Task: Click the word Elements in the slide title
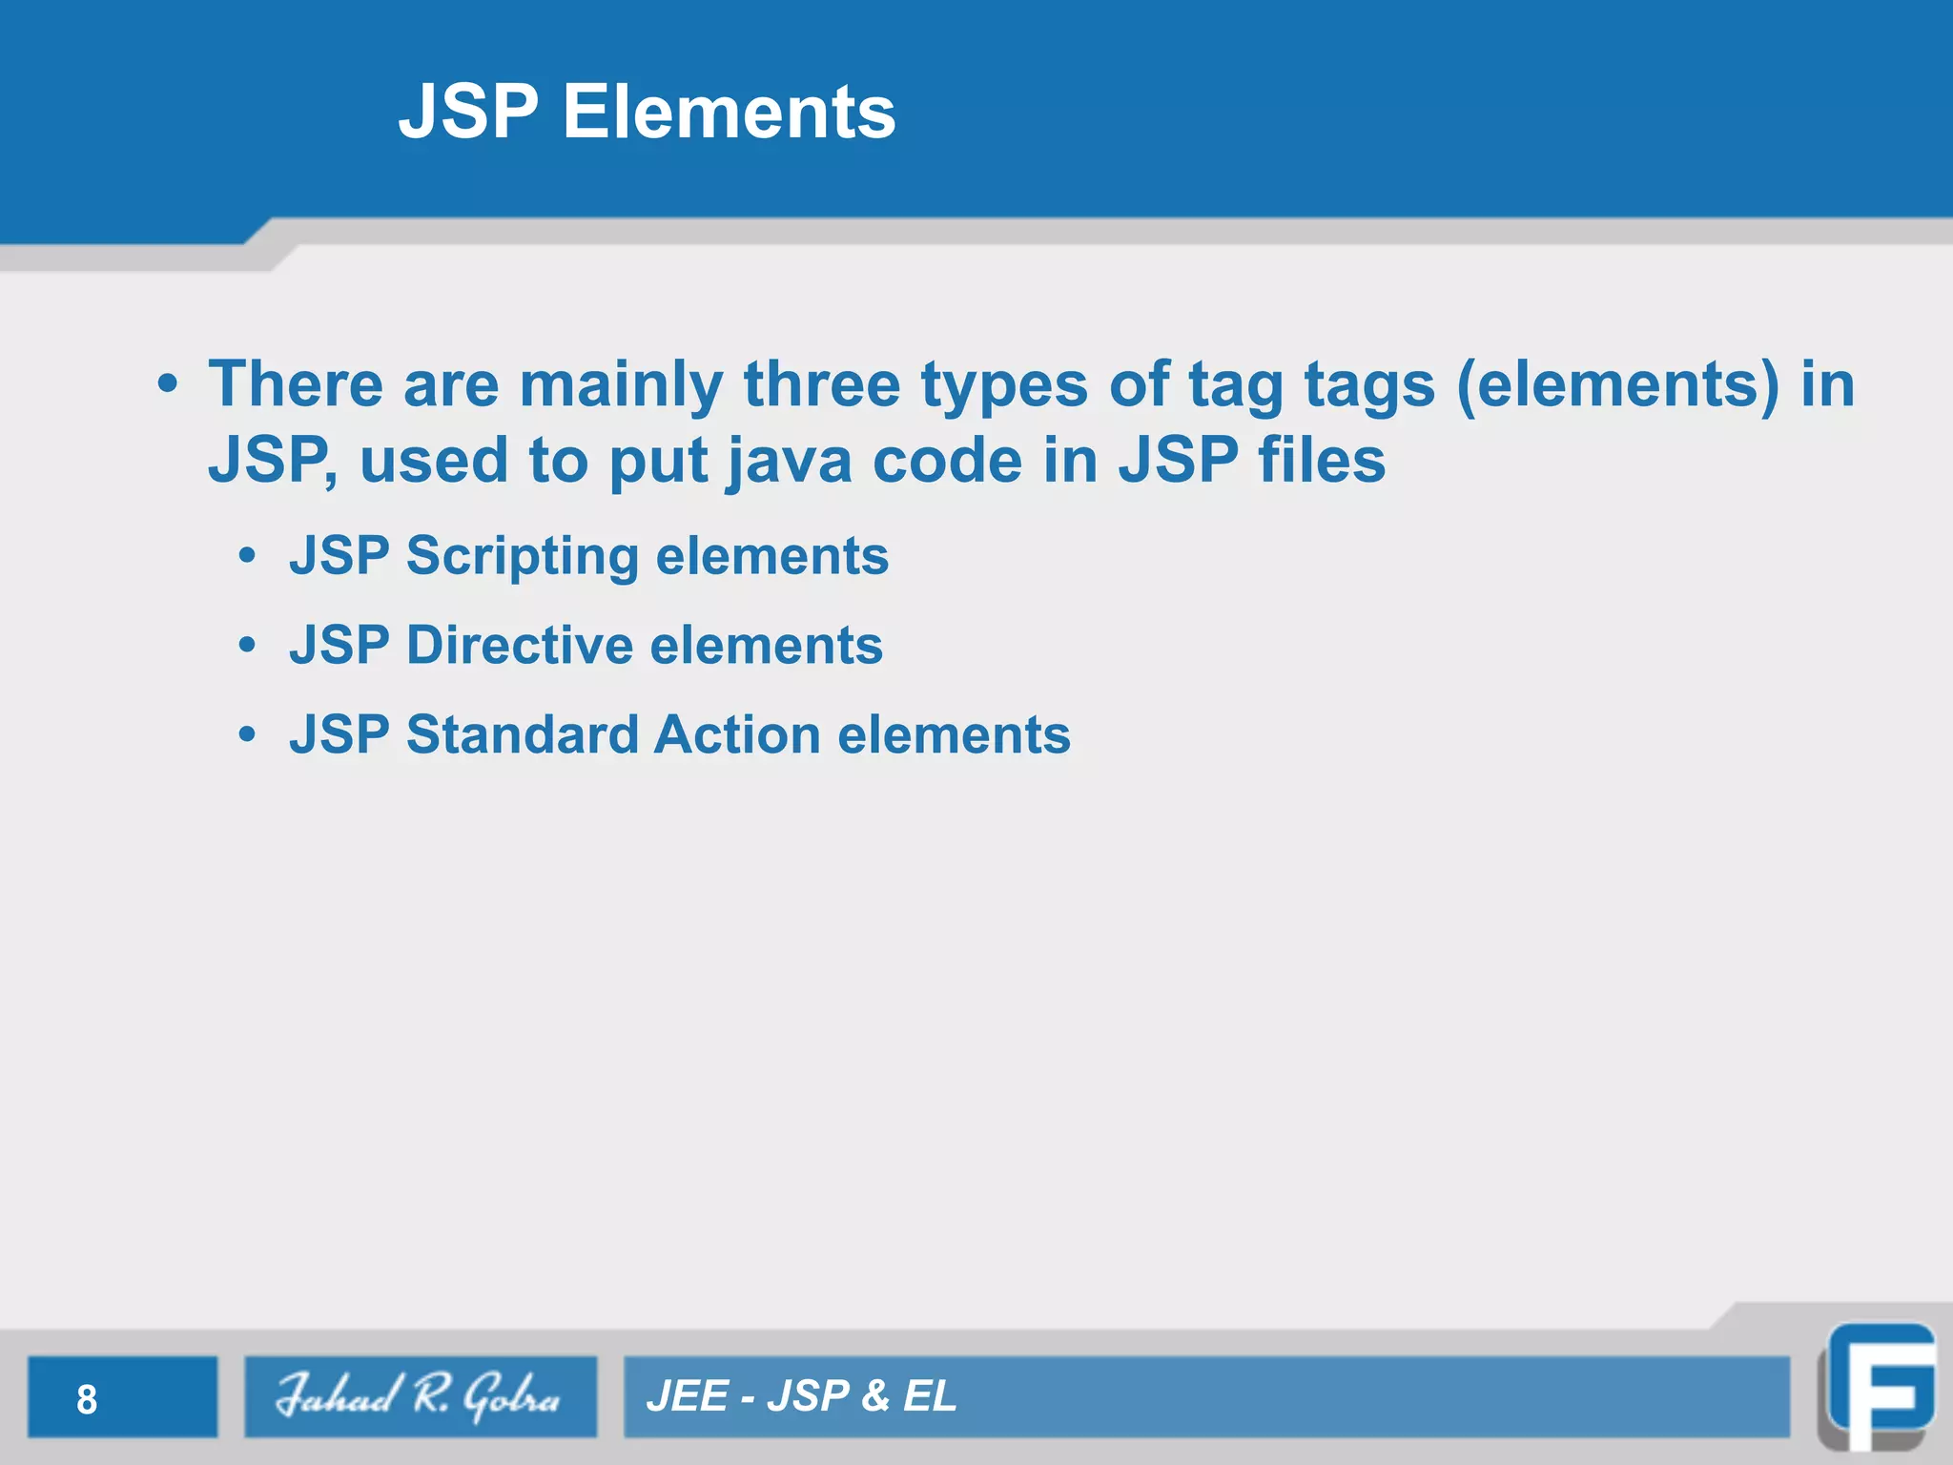pos(729,112)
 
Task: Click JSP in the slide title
pos(468,112)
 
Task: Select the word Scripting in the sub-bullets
pos(522,556)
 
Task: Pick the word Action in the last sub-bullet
pos(737,735)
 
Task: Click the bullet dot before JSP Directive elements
pos(248,646)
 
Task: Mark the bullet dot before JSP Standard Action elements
pos(248,735)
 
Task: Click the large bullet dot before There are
pos(168,384)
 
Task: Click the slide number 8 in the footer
pos(87,1399)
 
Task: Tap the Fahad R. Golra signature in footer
pos(420,1397)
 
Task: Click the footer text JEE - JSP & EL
pos(801,1396)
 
